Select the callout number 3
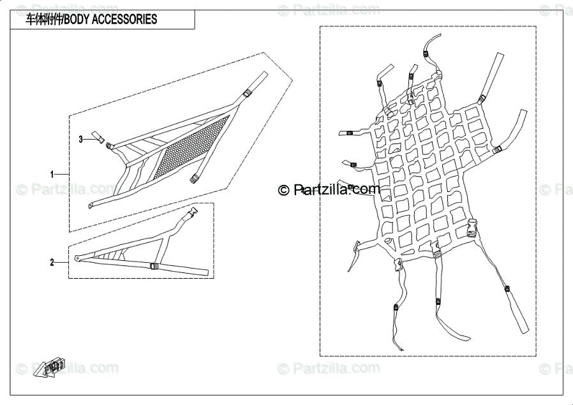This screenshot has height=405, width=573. click(x=81, y=138)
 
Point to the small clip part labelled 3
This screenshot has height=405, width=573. click(x=98, y=135)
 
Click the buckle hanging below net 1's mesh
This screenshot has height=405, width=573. click(x=195, y=179)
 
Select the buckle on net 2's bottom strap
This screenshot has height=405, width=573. click(x=153, y=267)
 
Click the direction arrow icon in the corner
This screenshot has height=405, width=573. click(x=51, y=367)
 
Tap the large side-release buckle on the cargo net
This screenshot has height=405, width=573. click(x=473, y=228)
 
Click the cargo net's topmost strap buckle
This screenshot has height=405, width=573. click(x=426, y=53)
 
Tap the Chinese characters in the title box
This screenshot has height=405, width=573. click(x=43, y=20)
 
